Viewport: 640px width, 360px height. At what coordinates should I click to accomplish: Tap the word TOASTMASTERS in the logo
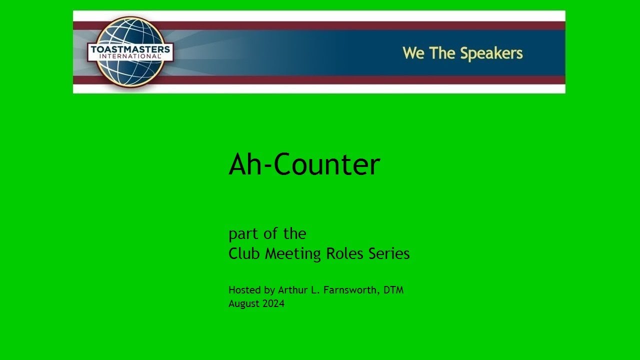pyautogui.click(x=130, y=49)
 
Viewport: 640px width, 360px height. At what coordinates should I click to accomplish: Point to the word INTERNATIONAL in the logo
pyautogui.click(x=130, y=56)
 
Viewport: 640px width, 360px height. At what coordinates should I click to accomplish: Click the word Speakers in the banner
pyautogui.click(x=491, y=53)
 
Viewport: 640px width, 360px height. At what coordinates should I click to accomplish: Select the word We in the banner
pyautogui.click(x=413, y=53)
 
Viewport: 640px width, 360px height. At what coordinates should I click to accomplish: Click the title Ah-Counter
pyautogui.click(x=304, y=164)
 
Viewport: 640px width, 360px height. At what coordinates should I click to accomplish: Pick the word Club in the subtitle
pyautogui.click(x=245, y=253)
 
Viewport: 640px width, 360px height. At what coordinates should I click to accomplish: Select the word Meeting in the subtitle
pyautogui.click(x=293, y=254)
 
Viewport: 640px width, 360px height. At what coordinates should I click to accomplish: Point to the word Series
pyautogui.click(x=389, y=253)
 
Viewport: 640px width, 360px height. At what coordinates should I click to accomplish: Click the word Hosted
pyautogui.click(x=244, y=290)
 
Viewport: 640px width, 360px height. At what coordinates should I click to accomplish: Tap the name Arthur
pyautogui.click(x=293, y=290)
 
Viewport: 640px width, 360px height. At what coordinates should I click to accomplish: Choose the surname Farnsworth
pyautogui.click(x=351, y=290)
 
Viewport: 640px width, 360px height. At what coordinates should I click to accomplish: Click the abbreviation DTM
pyautogui.click(x=393, y=290)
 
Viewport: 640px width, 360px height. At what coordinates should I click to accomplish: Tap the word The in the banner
pyautogui.click(x=441, y=53)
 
